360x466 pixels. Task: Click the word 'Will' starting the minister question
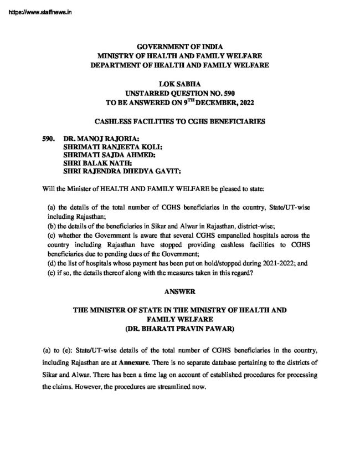tap(49, 188)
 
